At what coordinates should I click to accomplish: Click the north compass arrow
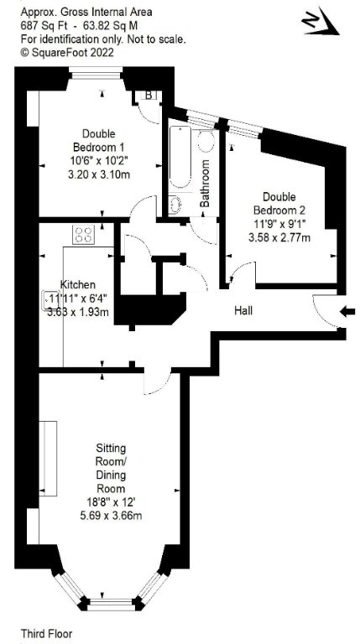[321, 23]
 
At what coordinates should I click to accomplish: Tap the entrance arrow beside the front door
[347, 312]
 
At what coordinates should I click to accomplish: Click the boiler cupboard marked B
[149, 96]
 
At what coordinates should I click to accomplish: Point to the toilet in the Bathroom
[205, 141]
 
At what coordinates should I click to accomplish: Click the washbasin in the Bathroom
[175, 205]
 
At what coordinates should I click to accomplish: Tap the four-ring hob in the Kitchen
[83, 235]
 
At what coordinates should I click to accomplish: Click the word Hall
[243, 310]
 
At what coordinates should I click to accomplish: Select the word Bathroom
[205, 183]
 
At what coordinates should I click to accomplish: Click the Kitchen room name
[78, 284]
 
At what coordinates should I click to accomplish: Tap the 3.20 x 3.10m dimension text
[99, 174]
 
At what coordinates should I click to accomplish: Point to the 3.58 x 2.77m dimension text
[279, 237]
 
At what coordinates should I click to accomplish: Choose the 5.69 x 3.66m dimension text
[111, 516]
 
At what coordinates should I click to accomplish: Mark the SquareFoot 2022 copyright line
[67, 52]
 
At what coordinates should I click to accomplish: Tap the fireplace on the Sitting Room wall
[48, 459]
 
